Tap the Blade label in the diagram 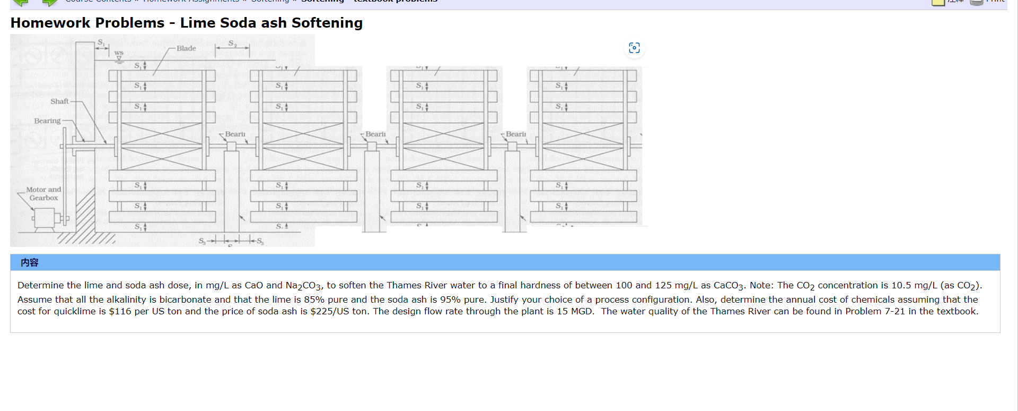pos(186,48)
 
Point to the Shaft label pos(59,101)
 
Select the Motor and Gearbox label pos(43,194)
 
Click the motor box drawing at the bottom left pos(43,218)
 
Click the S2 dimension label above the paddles pos(233,43)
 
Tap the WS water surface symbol pos(119,54)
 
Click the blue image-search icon pos(634,48)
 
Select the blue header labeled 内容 pos(30,262)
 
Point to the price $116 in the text pos(120,311)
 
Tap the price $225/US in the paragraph pos(329,311)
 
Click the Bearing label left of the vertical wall pos(47,121)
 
